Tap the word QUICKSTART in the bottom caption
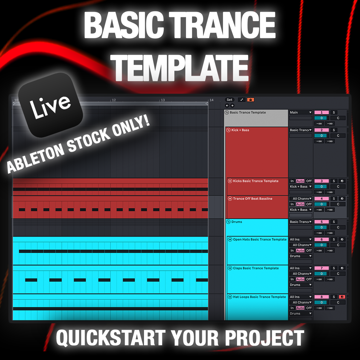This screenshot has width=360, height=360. [x=110, y=337]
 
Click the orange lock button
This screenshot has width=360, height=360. [x=250, y=100]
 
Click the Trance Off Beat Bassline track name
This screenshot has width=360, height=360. [x=252, y=199]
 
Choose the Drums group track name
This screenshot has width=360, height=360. [x=237, y=222]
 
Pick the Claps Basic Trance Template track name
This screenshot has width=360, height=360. [x=256, y=268]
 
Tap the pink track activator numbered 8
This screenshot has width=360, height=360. [x=321, y=297]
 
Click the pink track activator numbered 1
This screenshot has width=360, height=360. [x=321, y=113]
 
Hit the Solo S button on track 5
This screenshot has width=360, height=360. [x=333, y=222]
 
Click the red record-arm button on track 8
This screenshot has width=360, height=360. [x=342, y=297]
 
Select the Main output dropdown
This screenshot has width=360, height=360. [x=301, y=113]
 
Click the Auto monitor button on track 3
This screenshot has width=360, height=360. [x=300, y=181]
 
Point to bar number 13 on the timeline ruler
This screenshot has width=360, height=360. [x=163, y=100]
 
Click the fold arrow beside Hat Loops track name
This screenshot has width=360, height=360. [x=230, y=297]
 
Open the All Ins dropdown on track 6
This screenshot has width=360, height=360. [x=301, y=239]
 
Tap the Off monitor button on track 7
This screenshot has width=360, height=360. [x=309, y=279]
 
